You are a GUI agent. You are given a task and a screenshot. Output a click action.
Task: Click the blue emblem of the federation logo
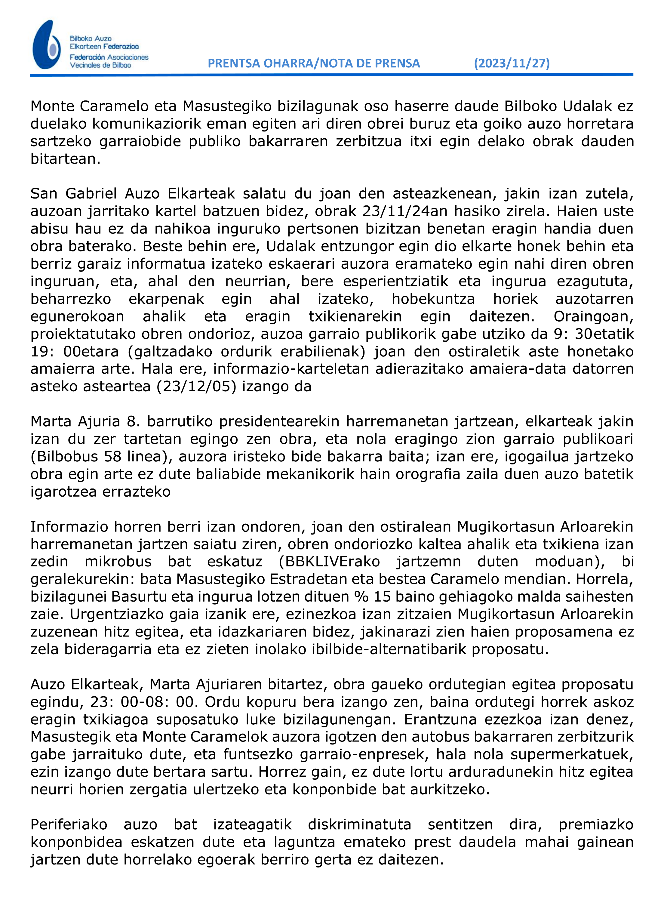tap(47, 45)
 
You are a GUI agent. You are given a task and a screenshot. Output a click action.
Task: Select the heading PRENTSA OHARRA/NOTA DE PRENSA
tap(314, 63)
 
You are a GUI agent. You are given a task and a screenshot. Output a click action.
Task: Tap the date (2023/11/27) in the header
tap(511, 63)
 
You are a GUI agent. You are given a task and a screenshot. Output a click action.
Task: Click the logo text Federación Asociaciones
tap(109, 57)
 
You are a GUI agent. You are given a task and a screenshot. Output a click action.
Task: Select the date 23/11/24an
tap(396, 211)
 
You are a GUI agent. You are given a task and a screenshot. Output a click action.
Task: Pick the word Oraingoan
tap(593, 316)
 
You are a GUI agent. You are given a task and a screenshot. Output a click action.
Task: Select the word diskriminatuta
tap(359, 825)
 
